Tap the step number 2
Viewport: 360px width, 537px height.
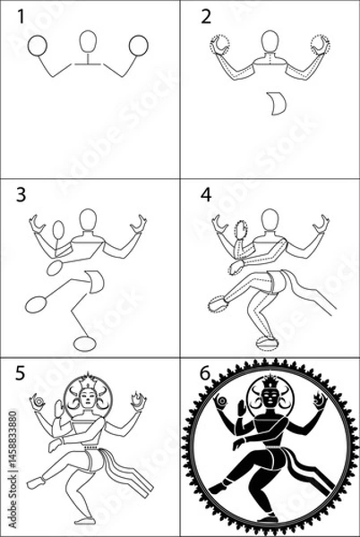point(207,15)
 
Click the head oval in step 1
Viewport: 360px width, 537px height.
point(87,43)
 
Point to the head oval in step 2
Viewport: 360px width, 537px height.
point(268,42)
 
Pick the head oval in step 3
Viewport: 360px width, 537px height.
point(88,219)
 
